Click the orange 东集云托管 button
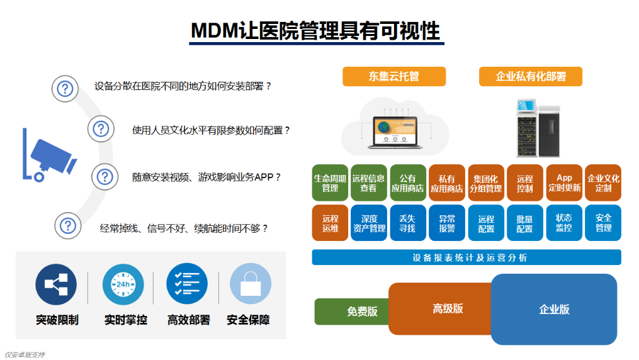pos(394,77)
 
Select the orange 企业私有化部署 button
pos(531,77)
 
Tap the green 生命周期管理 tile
pos(330,183)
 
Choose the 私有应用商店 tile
pos(447,183)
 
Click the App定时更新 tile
pos(565,183)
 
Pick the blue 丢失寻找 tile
pos(408,223)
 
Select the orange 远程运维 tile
pos(330,223)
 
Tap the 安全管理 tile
pos(603,223)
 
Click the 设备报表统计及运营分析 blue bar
pos(467,257)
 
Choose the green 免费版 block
pos(353,312)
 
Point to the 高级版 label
pos(448,308)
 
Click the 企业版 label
pos(554,310)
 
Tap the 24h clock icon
pos(123,284)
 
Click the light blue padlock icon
pos(251,284)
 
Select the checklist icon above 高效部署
pos(187,284)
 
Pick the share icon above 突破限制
pos(56,284)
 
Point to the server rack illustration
pos(538,128)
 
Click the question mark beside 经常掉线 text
pos(68,225)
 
